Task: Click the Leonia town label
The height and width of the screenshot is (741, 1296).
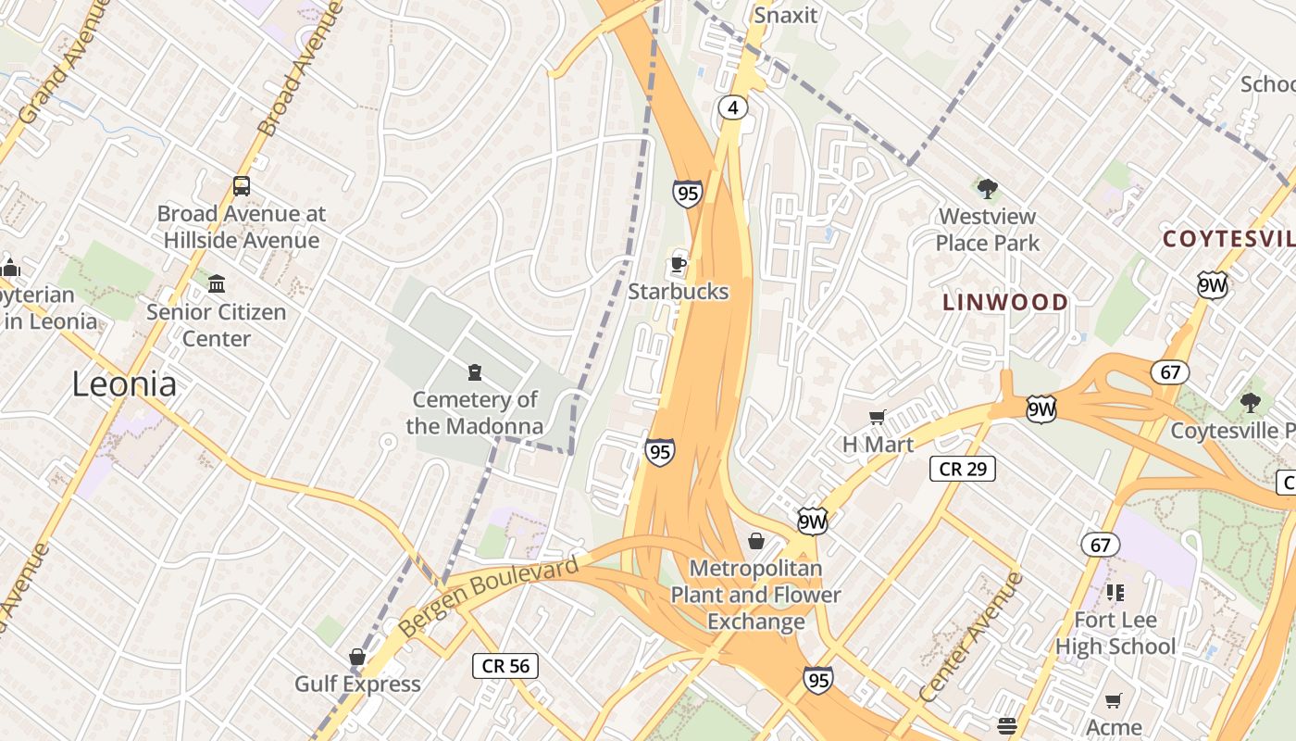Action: click(124, 383)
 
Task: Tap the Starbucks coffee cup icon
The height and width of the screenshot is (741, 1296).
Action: click(679, 263)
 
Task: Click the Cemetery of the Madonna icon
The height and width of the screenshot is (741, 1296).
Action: click(475, 372)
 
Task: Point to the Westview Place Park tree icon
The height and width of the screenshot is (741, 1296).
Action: click(988, 189)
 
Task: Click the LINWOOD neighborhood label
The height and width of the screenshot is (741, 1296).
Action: click(1005, 302)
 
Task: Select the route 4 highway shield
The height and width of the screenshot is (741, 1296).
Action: click(732, 108)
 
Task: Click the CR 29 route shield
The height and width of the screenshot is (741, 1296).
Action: click(963, 469)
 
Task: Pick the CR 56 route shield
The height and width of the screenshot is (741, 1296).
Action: click(505, 665)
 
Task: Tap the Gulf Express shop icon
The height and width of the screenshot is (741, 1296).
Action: click(357, 657)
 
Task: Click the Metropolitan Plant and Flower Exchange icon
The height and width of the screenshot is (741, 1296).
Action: click(756, 541)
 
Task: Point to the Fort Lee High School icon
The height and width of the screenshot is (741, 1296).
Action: click(1115, 592)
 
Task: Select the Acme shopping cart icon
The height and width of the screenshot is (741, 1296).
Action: click(1114, 700)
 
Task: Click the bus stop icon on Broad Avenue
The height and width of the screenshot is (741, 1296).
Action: click(242, 186)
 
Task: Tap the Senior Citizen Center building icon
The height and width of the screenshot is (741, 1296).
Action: click(217, 283)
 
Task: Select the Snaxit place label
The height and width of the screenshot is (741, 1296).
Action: click(786, 15)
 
